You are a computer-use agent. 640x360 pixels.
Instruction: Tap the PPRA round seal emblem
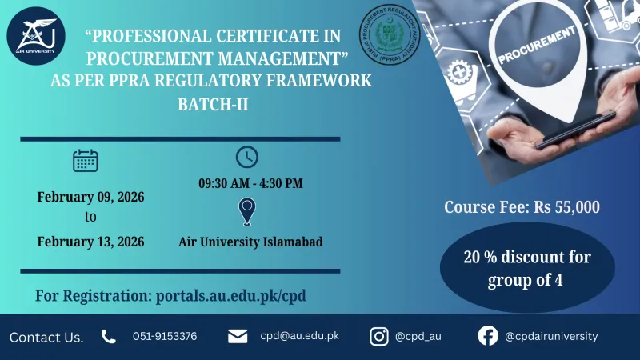click(390, 34)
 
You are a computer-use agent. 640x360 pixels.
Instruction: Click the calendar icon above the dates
click(86, 161)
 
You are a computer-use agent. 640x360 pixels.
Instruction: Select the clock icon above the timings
click(247, 157)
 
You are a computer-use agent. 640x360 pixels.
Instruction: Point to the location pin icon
click(248, 212)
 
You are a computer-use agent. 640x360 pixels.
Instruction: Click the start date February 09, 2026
click(90, 196)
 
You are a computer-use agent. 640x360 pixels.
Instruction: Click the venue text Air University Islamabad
click(250, 242)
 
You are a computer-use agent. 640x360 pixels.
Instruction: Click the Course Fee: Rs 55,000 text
click(522, 207)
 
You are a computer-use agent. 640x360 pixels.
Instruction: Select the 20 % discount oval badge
click(527, 269)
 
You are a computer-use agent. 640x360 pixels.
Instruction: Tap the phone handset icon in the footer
click(109, 337)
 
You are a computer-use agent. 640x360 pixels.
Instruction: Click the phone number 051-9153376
click(165, 337)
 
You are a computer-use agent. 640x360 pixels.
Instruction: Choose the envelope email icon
click(238, 337)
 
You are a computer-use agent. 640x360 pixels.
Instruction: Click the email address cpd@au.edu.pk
click(299, 336)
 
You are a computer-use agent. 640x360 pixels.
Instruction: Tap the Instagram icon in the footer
click(379, 337)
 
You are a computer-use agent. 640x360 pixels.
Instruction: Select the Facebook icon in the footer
click(488, 337)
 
